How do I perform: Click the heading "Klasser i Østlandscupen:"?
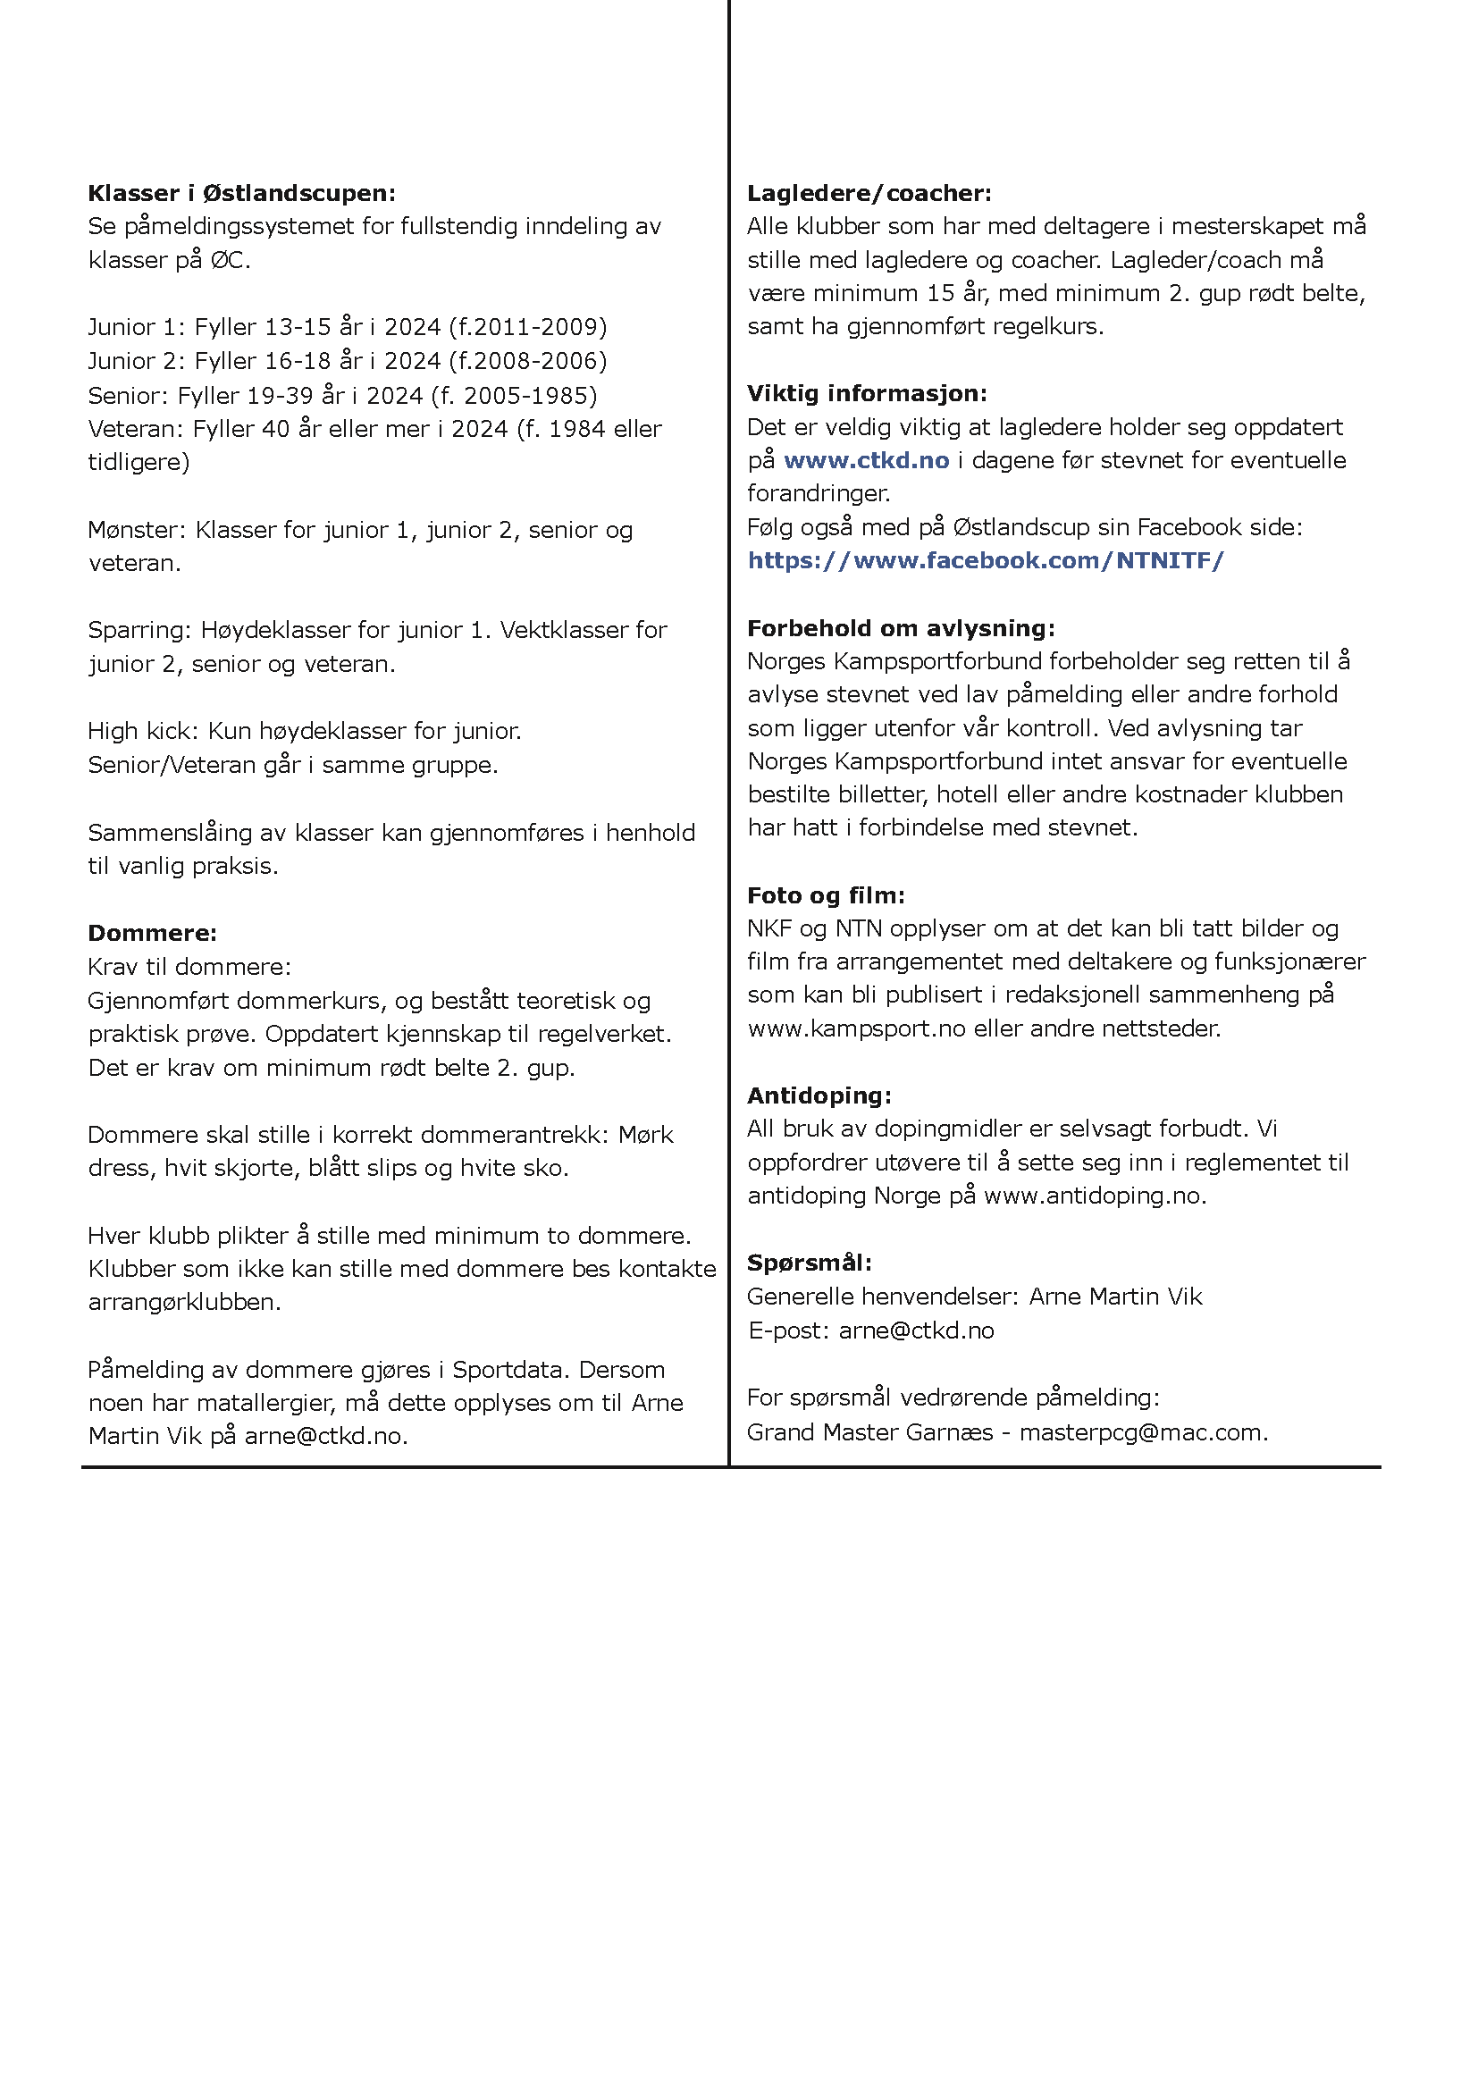[242, 193]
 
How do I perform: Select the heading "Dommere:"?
[152, 933]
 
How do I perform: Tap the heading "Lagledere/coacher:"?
[869, 193]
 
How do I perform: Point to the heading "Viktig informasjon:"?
[867, 393]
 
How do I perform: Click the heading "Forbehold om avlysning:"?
[901, 628]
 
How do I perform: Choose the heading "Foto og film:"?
[826, 894]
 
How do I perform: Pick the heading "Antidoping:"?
[819, 1095]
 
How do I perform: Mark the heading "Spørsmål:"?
[809, 1263]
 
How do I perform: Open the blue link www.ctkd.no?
[866, 460]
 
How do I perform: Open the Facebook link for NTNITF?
[986, 561]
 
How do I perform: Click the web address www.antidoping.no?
[1094, 1196]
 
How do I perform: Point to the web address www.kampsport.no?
[855, 1028]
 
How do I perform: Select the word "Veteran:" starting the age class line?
[137, 429]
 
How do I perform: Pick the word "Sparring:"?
[140, 630]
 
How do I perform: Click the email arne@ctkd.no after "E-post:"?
[916, 1330]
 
